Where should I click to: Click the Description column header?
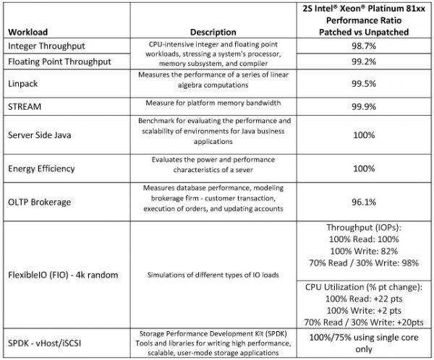[213, 32]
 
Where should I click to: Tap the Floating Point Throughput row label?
[59, 62]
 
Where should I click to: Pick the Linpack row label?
[24, 84]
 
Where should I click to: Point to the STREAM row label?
[26, 106]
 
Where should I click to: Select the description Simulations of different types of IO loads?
[213, 275]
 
